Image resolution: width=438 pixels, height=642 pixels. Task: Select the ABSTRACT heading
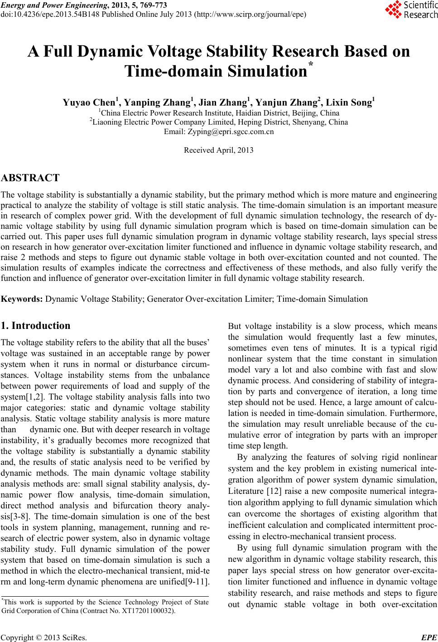click(x=30, y=178)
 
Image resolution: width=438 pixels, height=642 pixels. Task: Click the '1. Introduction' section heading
click(x=36, y=326)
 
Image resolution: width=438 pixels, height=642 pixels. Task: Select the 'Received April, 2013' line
click(x=219, y=150)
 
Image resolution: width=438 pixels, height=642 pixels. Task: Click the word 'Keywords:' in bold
click(x=23, y=299)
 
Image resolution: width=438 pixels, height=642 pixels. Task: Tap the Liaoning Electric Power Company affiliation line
click(x=219, y=122)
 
